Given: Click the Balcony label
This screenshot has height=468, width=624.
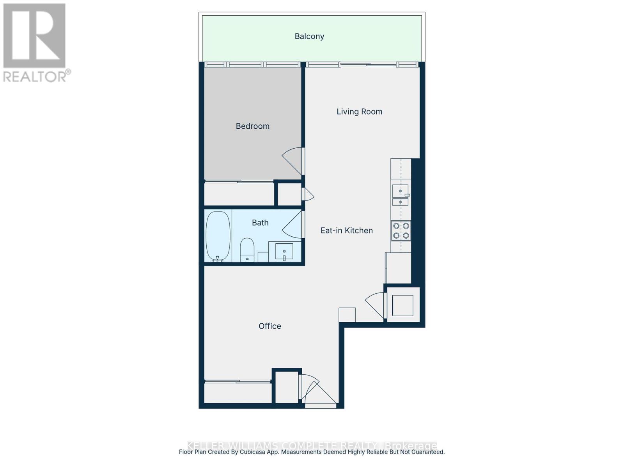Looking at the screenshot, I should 309,36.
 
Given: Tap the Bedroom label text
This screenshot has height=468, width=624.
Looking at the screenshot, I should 252,126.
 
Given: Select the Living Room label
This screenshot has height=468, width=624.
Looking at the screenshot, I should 359,112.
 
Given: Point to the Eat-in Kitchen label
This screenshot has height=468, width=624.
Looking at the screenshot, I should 346,230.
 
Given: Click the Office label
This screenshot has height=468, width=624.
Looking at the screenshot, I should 269,326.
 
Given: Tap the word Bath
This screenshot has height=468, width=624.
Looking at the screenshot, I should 260,223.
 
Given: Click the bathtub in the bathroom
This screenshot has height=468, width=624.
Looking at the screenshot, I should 218,236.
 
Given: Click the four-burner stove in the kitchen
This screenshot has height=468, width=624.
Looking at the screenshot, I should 401,230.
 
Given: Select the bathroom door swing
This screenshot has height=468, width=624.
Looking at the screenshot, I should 293,224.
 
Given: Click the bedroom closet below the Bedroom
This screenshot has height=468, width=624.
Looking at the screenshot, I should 239,194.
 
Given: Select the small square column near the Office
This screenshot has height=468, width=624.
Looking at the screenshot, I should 347,315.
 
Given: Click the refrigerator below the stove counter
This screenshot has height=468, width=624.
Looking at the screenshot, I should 398,268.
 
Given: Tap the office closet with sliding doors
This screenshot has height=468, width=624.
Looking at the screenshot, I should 238,392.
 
